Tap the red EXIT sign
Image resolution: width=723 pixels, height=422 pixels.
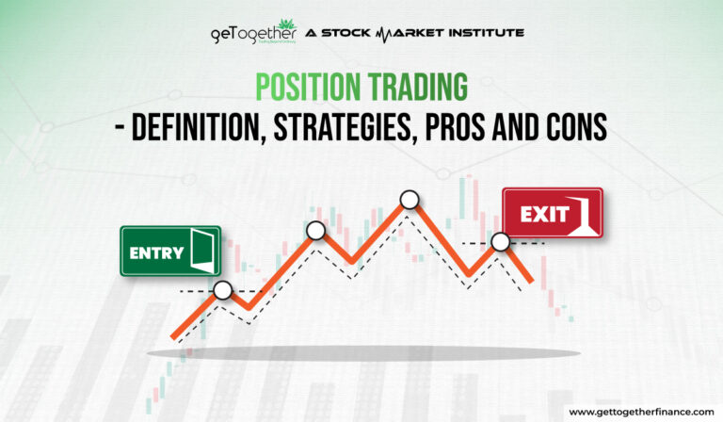552,213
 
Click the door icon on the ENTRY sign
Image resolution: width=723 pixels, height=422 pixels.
201,252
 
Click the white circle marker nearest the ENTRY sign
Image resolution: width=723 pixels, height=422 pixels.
222,291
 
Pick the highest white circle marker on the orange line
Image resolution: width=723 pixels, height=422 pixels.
409,199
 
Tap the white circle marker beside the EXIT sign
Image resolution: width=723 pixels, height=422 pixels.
500,242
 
